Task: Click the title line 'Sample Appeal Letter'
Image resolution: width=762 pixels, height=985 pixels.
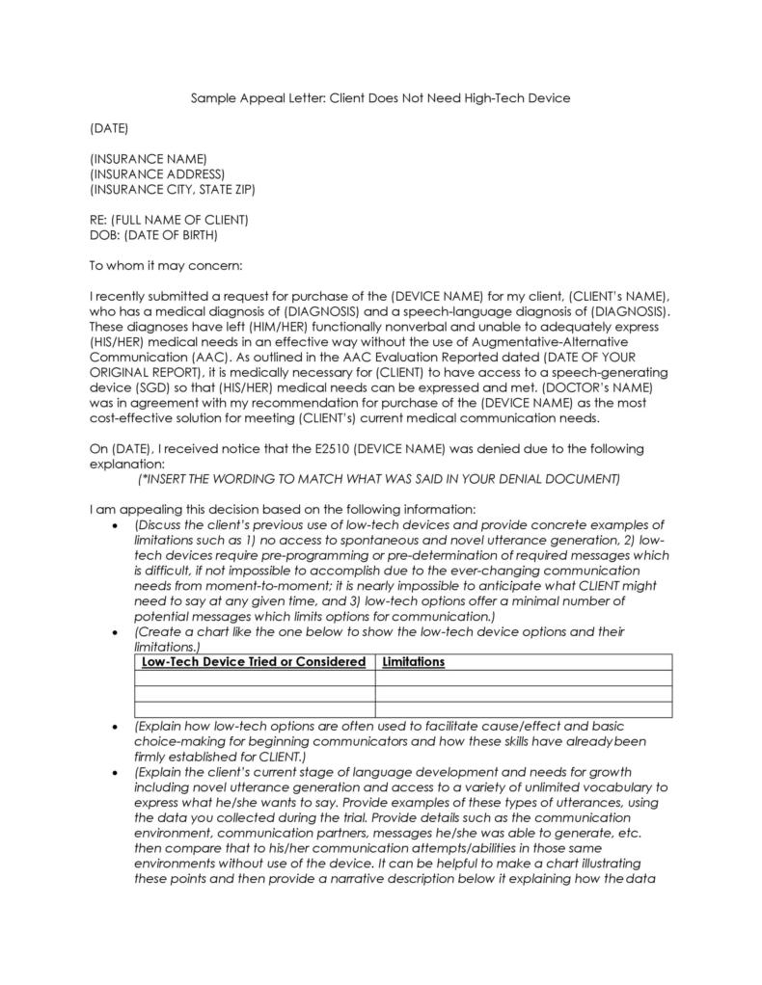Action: tap(380, 98)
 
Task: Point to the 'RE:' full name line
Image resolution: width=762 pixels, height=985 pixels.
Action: tap(169, 220)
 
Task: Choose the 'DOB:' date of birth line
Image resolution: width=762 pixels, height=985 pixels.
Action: tap(153, 234)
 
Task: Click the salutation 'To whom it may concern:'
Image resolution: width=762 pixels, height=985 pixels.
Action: tap(166, 265)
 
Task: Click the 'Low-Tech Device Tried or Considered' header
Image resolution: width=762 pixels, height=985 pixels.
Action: tap(254, 662)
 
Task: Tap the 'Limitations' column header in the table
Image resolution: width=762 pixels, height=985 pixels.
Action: tap(414, 662)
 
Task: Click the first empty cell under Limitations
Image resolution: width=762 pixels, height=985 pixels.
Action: tap(523, 678)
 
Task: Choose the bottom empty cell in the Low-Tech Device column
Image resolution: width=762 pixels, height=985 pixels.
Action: tap(254, 709)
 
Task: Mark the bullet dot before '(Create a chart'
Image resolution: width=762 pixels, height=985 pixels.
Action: tap(116, 632)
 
